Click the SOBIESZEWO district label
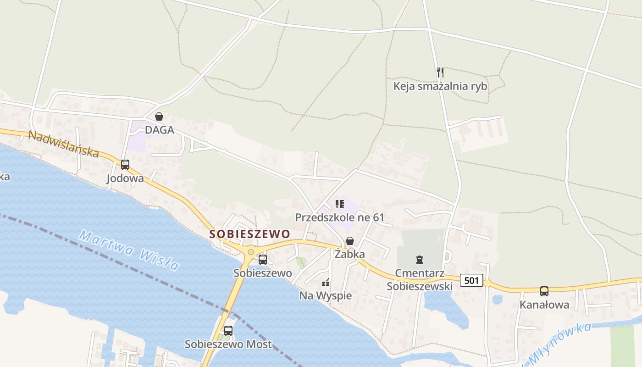(250, 234)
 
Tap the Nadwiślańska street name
(63, 144)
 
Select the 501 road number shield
(472, 280)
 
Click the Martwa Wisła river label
(128, 250)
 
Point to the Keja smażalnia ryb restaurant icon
(440, 72)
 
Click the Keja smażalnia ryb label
(440, 86)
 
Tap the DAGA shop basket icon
(159, 117)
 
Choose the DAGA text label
(160, 130)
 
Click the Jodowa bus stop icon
(125, 165)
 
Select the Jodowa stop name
(125, 178)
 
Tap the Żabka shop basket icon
(350, 240)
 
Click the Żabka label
(350, 254)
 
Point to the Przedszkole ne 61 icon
(339, 204)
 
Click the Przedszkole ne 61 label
(339, 217)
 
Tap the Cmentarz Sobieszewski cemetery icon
(419, 260)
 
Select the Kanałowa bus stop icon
(544, 291)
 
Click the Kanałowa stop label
(544, 305)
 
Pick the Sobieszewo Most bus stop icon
(228, 330)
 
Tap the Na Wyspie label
(326, 296)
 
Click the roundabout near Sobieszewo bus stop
(250, 252)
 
